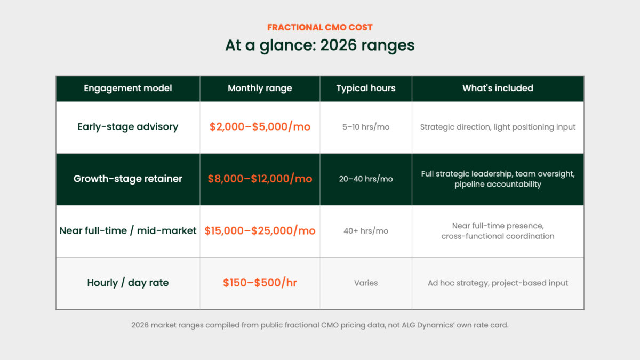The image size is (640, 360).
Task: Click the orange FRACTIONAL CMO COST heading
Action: point(319,27)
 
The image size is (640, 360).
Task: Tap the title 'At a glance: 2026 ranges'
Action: point(319,45)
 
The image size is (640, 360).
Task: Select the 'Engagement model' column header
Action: point(127,89)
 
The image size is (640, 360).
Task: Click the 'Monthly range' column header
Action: point(260,89)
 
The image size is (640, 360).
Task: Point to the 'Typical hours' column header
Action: point(366,89)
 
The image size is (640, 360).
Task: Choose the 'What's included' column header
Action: point(498,89)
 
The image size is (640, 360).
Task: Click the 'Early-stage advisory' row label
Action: point(127,127)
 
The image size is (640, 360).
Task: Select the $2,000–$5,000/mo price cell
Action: point(260,127)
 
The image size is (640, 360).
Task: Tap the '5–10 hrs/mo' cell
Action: point(366,127)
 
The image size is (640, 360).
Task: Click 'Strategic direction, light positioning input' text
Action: point(498,127)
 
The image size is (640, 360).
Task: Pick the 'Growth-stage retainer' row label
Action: point(127,179)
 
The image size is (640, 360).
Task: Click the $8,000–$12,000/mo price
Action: point(260,179)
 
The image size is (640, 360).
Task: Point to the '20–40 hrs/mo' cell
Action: point(366,179)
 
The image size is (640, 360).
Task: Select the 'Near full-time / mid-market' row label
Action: point(127,231)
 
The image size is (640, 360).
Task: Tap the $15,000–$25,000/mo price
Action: point(260,231)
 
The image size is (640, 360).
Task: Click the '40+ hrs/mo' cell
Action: point(366,231)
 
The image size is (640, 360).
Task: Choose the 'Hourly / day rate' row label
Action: point(127,283)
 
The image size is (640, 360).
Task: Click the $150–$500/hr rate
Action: point(260,283)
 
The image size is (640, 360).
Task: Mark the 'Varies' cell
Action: point(366,283)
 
